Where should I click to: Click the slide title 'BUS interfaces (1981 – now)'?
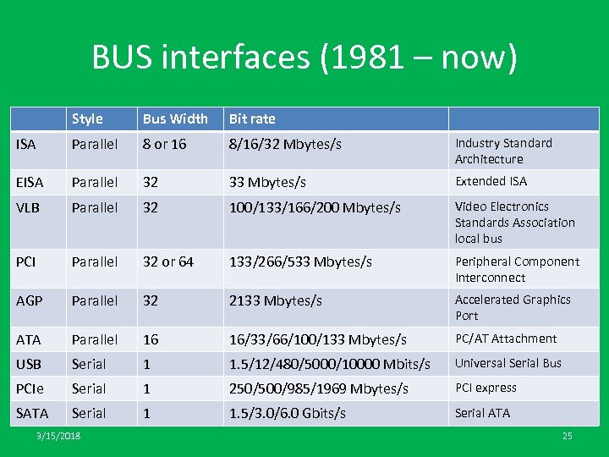(304, 58)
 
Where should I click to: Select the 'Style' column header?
(87, 118)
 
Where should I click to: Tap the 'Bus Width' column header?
(175, 118)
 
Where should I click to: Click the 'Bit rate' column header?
(252, 118)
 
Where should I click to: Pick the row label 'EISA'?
(30, 182)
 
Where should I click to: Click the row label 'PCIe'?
(30, 388)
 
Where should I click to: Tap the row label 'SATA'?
(32, 413)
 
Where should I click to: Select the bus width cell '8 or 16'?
(164, 144)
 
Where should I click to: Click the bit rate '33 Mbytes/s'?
(267, 182)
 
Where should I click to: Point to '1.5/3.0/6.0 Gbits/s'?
(288, 413)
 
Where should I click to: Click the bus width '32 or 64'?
(167, 262)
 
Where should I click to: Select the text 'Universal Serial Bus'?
(508, 363)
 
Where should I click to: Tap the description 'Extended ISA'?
(491, 181)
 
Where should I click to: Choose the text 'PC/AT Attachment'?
(506, 339)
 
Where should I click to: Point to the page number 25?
(567, 436)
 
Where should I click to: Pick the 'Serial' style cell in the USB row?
(89, 364)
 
